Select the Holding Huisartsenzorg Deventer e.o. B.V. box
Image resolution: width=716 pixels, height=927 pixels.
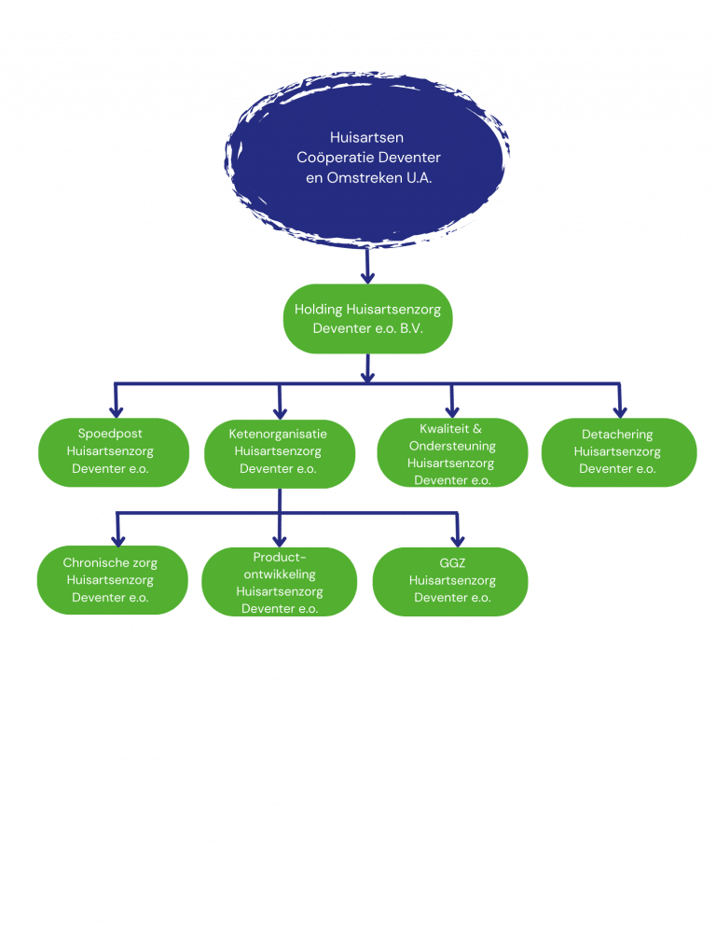coord(367,319)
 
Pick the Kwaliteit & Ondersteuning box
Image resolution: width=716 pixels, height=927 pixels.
coord(451,453)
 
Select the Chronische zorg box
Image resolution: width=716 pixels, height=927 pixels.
coord(110,580)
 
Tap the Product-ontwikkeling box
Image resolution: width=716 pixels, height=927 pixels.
coord(279,582)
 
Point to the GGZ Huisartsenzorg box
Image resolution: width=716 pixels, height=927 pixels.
coord(452,581)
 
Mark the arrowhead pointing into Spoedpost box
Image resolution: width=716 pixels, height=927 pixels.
coord(117,409)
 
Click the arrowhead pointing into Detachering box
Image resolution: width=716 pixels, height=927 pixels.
coord(618,409)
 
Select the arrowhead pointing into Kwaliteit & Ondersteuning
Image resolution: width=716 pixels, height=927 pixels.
coord(452,409)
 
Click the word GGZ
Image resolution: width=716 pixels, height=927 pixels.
coord(452,563)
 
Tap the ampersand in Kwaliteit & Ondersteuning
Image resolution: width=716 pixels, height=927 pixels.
coord(477,429)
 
